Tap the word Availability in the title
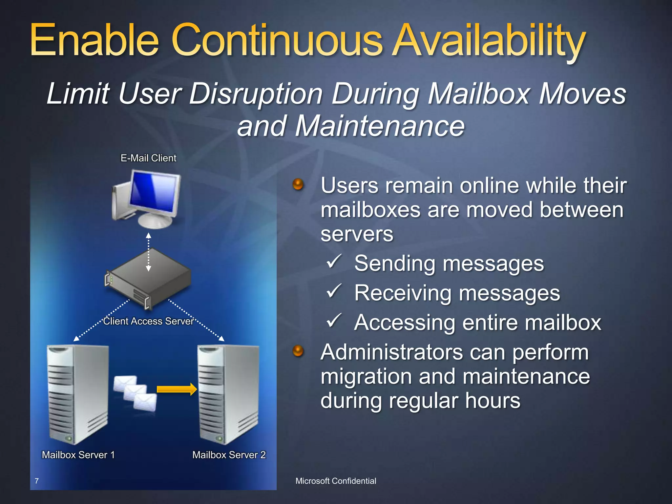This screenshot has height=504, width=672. [489, 41]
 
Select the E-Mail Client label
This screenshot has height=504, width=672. [148, 158]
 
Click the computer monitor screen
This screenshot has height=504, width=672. [154, 192]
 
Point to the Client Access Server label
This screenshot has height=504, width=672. [148, 321]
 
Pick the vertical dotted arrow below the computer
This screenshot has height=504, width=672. [149, 252]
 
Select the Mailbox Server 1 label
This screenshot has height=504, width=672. [78, 455]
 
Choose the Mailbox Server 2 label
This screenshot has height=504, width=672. [229, 455]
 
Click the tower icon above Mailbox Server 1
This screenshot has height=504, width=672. [78, 394]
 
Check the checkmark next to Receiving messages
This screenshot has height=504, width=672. [334, 291]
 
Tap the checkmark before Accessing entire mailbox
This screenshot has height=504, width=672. [334, 321]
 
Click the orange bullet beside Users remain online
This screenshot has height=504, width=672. [298, 184]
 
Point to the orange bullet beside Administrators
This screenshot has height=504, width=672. [298, 351]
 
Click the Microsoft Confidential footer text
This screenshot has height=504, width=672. [336, 481]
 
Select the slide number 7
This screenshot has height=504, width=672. [37, 481]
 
